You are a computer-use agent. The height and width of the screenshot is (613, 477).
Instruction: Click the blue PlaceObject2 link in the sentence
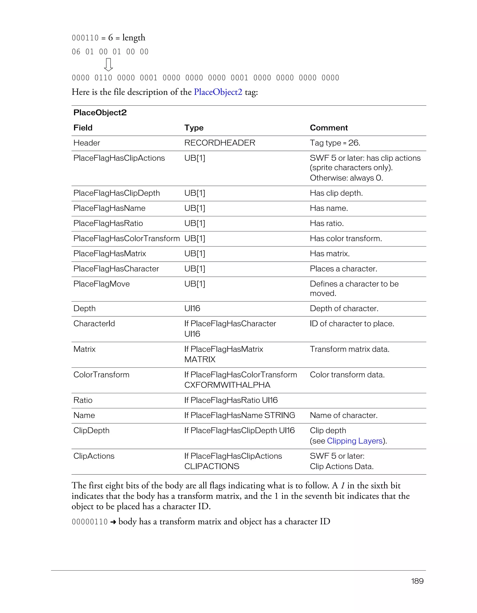coord(218,92)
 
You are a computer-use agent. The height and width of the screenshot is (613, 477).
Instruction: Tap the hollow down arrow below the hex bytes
coord(108,64)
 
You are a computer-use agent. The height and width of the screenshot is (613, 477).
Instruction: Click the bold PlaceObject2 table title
coord(100,112)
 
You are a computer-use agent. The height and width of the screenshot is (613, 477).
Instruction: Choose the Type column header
coord(194,128)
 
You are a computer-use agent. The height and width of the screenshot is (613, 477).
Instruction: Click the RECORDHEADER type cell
coord(220,143)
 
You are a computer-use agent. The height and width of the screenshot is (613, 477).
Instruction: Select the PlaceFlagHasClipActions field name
coord(119,158)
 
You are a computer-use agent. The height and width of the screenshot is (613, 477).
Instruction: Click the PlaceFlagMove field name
coord(101,284)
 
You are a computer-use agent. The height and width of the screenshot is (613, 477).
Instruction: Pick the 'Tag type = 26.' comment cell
coord(335,143)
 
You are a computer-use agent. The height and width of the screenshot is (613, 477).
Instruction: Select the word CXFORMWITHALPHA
coord(227,385)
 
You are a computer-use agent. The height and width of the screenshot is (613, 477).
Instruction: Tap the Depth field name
coord(84,308)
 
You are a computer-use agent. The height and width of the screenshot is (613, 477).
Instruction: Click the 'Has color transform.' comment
coord(346,239)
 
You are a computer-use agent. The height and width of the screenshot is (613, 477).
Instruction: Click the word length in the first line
coord(134,38)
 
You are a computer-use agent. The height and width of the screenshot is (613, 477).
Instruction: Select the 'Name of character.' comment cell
coord(343,415)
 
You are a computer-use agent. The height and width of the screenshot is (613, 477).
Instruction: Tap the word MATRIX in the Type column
coord(200,359)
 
